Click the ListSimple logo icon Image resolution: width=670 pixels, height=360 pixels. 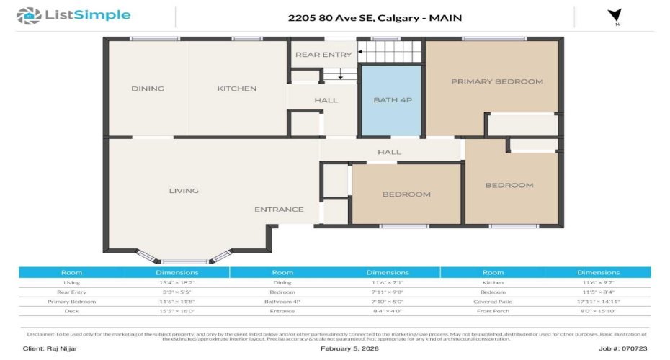(x=28, y=15)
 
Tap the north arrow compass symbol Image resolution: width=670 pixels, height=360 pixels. (x=615, y=16)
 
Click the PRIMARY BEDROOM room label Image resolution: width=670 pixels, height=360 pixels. (x=496, y=81)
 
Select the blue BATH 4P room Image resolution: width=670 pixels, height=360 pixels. (x=391, y=99)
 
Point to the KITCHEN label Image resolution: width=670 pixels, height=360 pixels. (x=237, y=89)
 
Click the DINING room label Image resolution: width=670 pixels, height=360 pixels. (x=148, y=89)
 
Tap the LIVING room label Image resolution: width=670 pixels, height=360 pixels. (x=184, y=191)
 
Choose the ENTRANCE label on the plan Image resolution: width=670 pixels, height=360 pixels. (x=279, y=210)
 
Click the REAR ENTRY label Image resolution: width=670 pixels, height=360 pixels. (x=313, y=55)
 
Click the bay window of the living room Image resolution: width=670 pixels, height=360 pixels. (x=184, y=258)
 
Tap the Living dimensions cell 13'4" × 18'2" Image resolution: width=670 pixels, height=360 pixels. (x=177, y=283)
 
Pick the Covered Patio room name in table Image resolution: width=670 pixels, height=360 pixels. (x=493, y=302)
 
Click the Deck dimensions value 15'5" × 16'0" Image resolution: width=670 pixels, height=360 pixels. (x=177, y=311)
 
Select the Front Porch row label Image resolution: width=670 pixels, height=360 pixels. (x=493, y=311)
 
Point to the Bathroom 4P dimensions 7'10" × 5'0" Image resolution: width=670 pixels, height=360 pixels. (x=388, y=302)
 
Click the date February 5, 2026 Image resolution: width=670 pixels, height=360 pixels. (x=349, y=348)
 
